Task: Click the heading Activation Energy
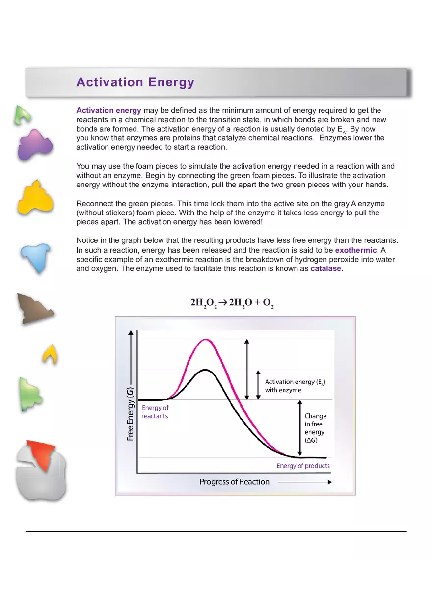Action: click(x=135, y=82)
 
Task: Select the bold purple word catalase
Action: click(x=325, y=268)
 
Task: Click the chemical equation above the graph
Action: click(x=232, y=303)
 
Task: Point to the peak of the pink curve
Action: click(x=206, y=339)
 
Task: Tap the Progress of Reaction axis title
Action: click(x=234, y=482)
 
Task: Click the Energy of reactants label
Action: click(x=155, y=412)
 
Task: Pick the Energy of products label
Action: click(x=303, y=466)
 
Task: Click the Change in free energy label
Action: click(x=315, y=428)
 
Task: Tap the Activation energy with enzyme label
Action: click(x=295, y=385)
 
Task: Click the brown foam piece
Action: click(x=33, y=308)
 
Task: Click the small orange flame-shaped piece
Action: click(x=49, y=354)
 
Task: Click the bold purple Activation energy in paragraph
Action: click(x=108, y=110)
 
